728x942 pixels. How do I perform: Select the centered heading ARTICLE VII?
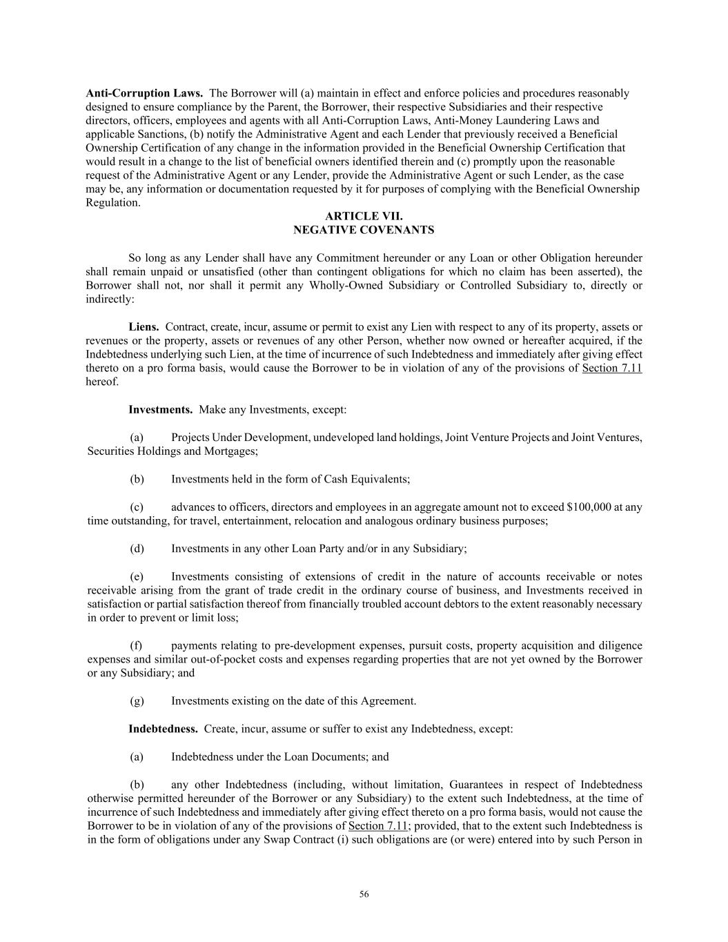coord(364,217)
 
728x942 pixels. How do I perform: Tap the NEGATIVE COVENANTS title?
coord(364,230)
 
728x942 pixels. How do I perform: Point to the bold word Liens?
coord(144,326)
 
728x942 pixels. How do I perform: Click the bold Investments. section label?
coord(160,410)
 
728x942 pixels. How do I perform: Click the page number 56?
coord(364,894)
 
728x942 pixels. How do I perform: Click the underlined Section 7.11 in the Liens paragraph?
coord(612,368)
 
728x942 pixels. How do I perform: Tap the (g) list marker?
coord(137,701)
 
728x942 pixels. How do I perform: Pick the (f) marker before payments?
coord(136,646)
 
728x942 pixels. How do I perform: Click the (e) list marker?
coord(137,577)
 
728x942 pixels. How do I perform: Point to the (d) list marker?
coord(137,549)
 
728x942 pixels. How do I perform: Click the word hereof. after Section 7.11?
coord(102,382)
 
